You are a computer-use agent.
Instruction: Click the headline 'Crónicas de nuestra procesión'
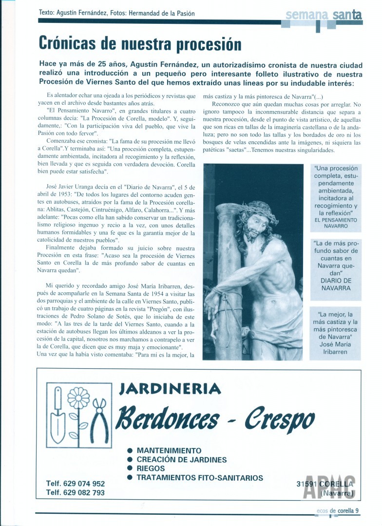click(x=140, y=44)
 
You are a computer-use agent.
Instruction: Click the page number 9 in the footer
click(x=357, y=510)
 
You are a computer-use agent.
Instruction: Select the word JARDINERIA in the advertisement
click(x=171, y=389)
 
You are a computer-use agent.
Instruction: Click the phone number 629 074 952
click(x=76, y=484)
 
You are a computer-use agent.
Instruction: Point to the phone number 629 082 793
click(x=76, y=492)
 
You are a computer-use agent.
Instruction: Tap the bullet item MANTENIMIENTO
click(x=169, y=451)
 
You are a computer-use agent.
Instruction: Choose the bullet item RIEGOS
click(x=151, y=469)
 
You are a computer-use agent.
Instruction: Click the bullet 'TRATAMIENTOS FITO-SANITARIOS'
click(x=200, y=478)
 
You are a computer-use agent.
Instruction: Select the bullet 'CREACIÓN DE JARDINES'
click(x=182, y=460)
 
